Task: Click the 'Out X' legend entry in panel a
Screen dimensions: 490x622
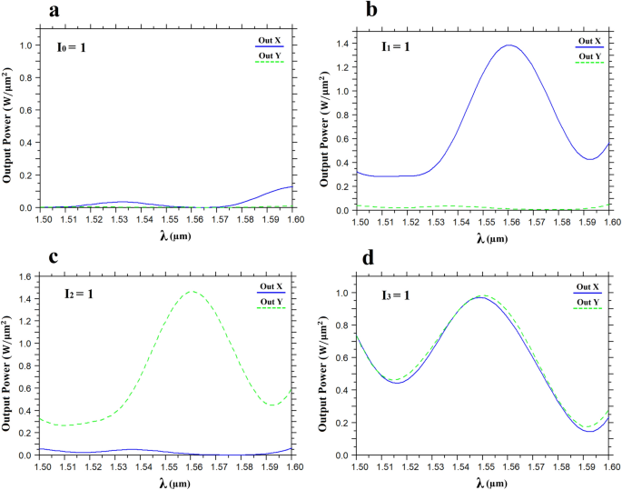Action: point(271,41)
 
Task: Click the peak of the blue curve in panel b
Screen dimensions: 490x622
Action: point(508,45)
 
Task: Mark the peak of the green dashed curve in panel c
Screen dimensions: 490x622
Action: point(193,292)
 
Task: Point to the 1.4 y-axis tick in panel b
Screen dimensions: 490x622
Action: point(341,44)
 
